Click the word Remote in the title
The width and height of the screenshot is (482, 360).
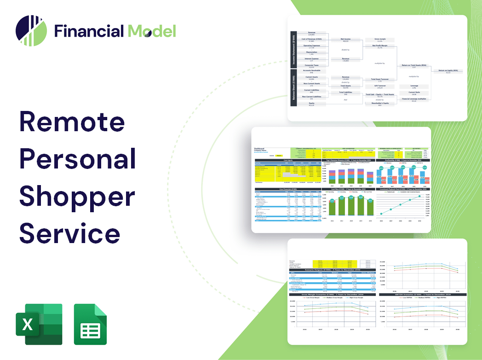(x=72, y=122)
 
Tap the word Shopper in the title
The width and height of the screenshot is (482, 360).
(x=77, y=197)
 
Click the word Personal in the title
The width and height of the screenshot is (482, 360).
(x=77, y=159)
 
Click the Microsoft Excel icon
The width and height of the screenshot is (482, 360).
(x=39, y=324)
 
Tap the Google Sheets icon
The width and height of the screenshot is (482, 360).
(x=91, y=324)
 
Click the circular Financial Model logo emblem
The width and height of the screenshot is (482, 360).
(x=31, y=31)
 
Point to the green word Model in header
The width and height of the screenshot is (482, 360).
(x=152, y=31)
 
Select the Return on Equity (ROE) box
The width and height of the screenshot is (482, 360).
(x=448, y=71)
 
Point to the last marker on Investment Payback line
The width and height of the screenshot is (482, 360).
(x=419, y=197)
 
